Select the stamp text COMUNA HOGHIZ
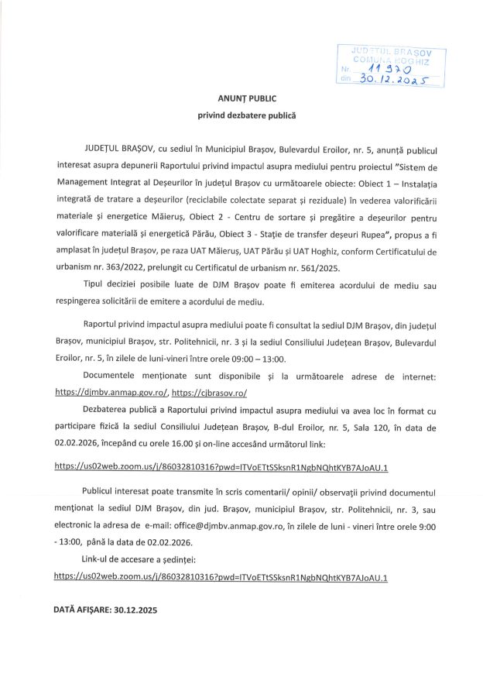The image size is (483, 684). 390,58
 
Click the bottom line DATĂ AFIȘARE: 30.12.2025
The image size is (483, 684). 104,611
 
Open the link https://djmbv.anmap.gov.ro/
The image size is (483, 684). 111,394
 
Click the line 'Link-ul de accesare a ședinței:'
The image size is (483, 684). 139,560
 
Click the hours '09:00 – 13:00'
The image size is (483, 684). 256,359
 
